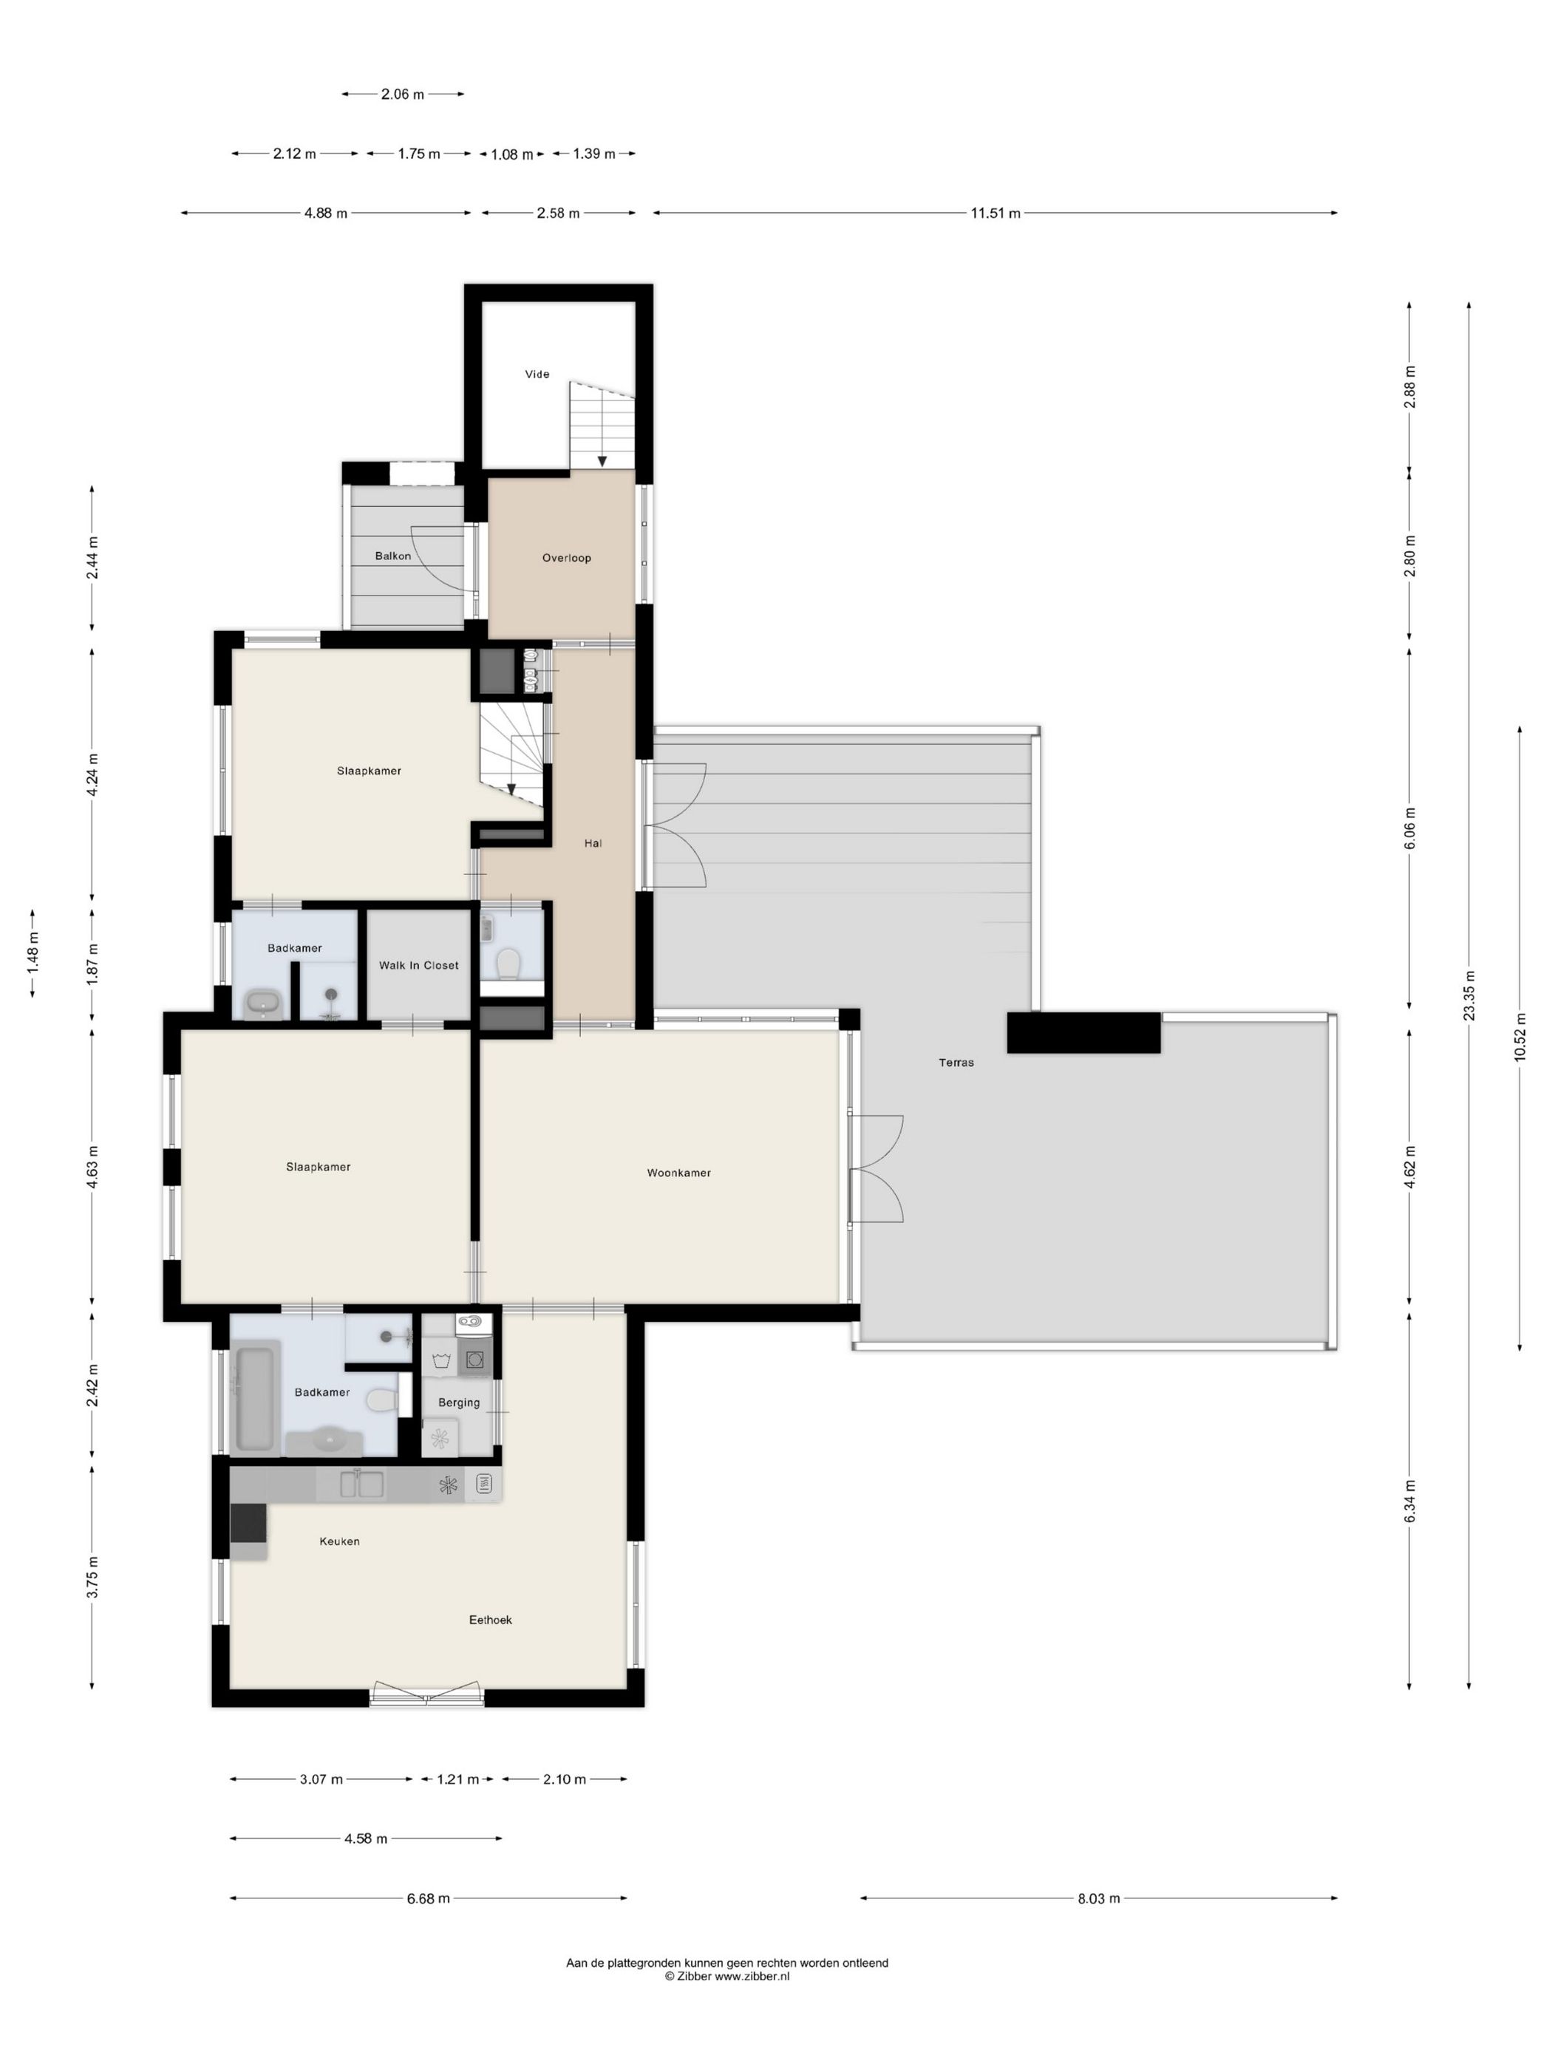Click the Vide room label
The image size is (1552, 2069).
pyautogui.click(x=537, y=374)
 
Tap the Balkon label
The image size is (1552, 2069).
pyautogui.click(x=393, y=556)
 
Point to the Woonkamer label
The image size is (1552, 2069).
pyautogui.click(x=678, y=1172)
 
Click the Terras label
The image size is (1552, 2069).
pyautogui.click(x=956, y=1063)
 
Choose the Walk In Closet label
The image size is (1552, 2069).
pyautogui.click(x=418, y=965)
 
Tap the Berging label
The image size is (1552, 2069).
pyautogui.click(x=458, y=1402)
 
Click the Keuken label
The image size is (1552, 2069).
pyautogui.click(x=338, y=1541)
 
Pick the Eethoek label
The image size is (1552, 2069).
pyautogui.click(x=490, y=1619)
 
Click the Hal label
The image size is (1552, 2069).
pyautogui.click(x=592, y=843)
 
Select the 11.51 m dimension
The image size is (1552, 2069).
pyautogui.click(x=995, y=214)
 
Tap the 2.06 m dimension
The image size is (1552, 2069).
pyautogui.click(x=402, y=95)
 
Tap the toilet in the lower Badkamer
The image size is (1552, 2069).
pyautogui.click(x=380, y=1400)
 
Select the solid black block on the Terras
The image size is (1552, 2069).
pyautogui.click(x=1083, y=1032)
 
